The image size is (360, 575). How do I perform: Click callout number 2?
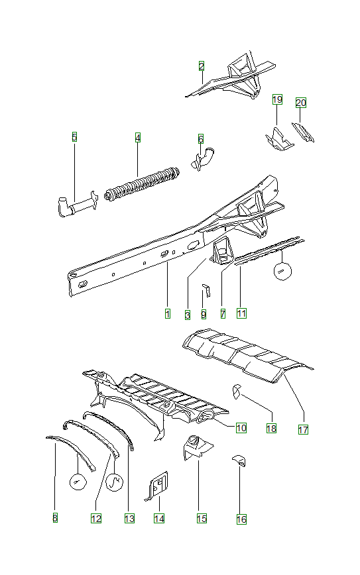202,66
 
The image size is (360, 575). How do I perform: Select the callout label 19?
277,100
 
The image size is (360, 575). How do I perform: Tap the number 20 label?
301,103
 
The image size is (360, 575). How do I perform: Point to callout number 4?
138,137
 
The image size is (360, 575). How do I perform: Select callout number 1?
168,313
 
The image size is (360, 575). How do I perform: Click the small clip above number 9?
206,290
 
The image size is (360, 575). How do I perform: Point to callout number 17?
303,429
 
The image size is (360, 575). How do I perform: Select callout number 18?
270,429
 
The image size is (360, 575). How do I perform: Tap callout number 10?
241,428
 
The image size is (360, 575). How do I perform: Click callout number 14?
159,519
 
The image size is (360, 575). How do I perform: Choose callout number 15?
202,519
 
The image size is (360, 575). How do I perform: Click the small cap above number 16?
239,460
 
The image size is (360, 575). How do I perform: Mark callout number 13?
129,519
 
